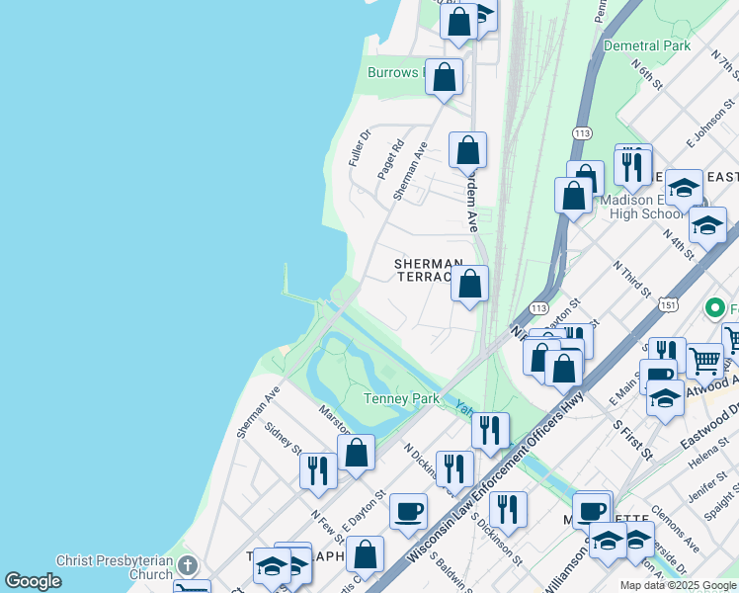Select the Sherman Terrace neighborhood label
pos(428,271)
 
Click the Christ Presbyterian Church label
pos(115,567)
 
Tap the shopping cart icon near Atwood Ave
pos(703,362)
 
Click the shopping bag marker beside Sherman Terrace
pos(471,285)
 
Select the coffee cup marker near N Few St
pos(407,512)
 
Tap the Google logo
pos(33,581)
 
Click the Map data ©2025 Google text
pos(678,585)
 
